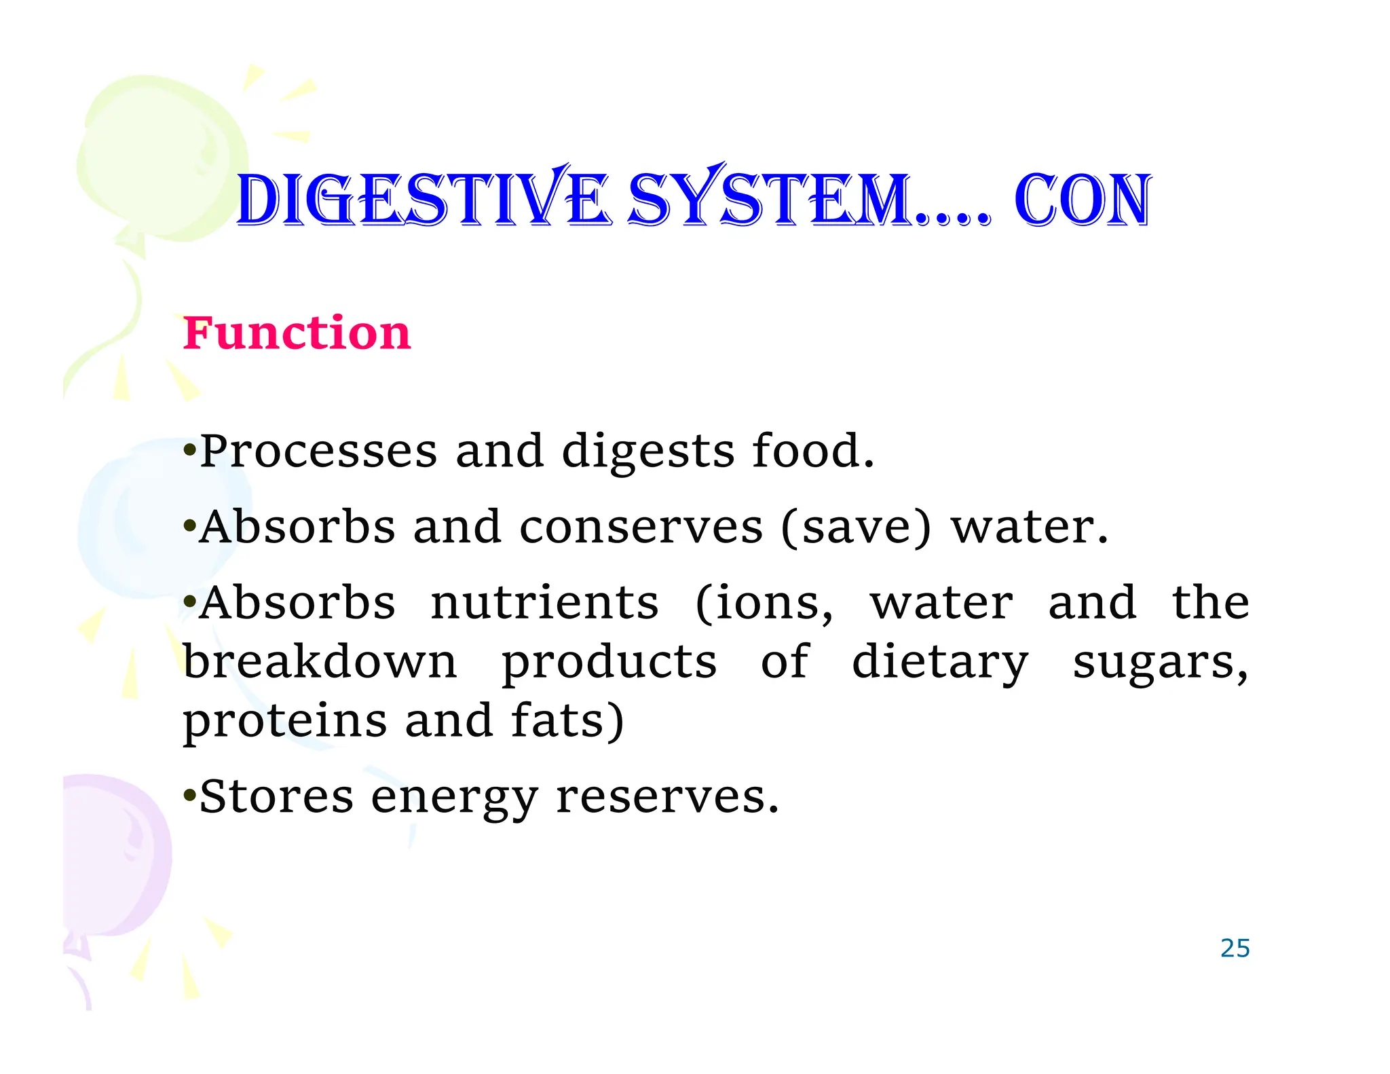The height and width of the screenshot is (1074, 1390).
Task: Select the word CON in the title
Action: pyautogui.click(x=1083, y=201)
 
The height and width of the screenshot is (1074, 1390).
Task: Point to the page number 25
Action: pyautogui.click(x=1235, y=948)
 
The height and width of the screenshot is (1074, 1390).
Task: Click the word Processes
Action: pyautogui.click(x=319, y=451)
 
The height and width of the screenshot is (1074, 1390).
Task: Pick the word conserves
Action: pyautogui.click(x=641, y=527)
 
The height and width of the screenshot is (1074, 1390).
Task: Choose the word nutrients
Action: pyautogui.click(x=545, y=603)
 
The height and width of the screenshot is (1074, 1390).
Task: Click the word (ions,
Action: pyautogui.click(x=764, y=604)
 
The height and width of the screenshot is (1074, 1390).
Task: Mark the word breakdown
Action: pyautogui.click(x=320, y=661)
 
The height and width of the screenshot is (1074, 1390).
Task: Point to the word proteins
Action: pyautogui.click(x=285, y=722)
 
